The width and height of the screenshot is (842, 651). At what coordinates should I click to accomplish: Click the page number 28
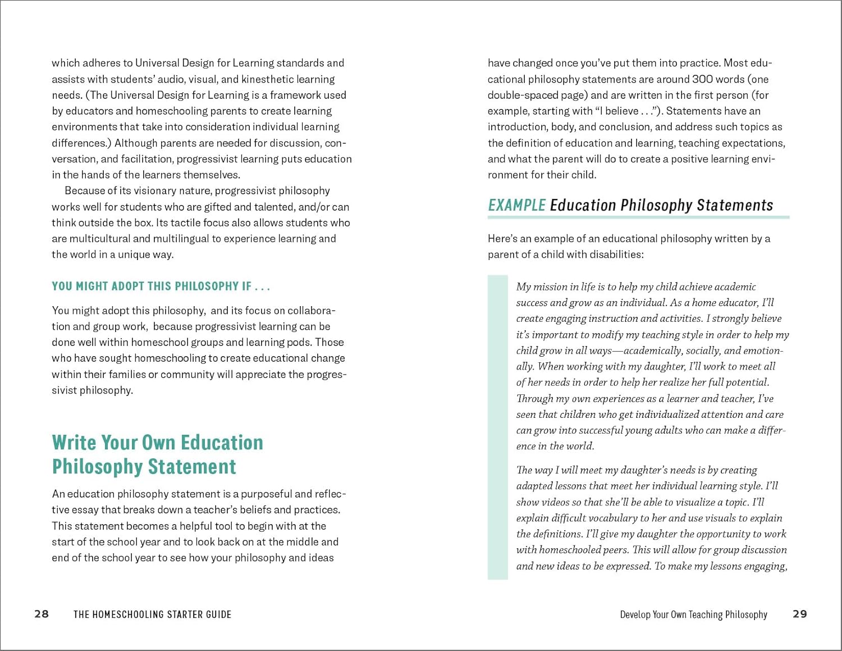(x=42, y=614)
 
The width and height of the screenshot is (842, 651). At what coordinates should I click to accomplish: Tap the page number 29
(x=800, y=614)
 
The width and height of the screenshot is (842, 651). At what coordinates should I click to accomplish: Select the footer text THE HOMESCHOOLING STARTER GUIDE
(x=152, y=614)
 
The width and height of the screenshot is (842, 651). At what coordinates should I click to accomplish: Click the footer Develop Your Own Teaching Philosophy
(x=693, y=614)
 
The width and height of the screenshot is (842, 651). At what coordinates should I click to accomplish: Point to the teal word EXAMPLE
(x=516, y=205)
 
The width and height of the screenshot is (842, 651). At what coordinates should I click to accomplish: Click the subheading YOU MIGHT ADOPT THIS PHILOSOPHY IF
(x=161, y=286)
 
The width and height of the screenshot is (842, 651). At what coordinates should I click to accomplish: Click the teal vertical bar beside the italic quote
(x=497, y=427)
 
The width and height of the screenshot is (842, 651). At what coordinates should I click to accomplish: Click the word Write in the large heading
(x=74, y=443)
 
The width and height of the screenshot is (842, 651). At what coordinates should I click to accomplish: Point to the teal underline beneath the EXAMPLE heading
(x=638, y=217)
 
